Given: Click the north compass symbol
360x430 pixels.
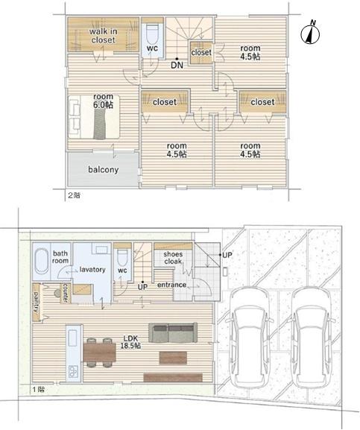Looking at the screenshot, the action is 310,34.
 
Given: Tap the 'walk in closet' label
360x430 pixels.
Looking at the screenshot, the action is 103,36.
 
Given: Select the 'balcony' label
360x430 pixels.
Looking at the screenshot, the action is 104,169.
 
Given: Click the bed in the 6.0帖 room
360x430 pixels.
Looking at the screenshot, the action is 94,116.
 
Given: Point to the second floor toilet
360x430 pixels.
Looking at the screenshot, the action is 152,34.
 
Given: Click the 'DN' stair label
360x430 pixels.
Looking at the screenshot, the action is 177,65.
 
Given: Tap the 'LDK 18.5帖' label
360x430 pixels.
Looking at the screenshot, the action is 130,342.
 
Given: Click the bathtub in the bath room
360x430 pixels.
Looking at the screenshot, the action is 42,261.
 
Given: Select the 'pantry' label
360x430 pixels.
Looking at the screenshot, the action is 36,302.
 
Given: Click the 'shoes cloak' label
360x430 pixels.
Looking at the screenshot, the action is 173,258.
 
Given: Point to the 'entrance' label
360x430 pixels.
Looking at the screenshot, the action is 171,285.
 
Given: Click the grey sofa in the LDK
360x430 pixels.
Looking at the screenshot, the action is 173,332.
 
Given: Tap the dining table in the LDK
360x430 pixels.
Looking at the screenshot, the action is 100,352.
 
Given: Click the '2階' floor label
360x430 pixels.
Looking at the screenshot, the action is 74,195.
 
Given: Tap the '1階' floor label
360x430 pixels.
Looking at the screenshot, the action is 39,389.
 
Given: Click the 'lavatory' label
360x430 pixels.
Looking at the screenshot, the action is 92,269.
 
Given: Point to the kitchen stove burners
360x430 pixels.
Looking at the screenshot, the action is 73,372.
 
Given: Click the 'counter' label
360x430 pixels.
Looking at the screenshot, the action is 66,293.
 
